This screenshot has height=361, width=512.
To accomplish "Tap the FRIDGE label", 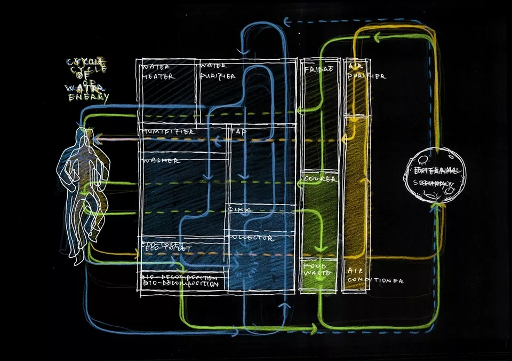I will (318, 69).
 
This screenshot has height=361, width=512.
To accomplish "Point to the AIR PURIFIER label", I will (366, 72).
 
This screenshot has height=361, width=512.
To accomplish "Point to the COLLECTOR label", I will (251, 238).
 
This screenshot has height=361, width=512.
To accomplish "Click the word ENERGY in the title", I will (89, 97).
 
